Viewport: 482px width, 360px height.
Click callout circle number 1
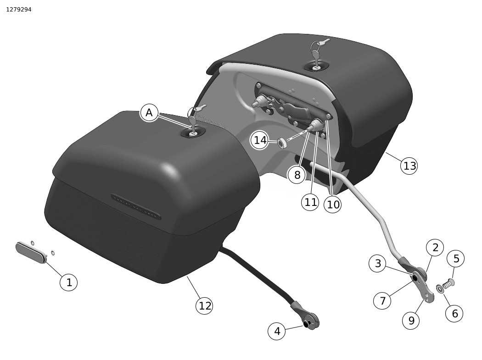pos(69,282)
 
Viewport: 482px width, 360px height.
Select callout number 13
pos(409,166)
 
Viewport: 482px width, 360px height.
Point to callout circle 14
pos(260,140)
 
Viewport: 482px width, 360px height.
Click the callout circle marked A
pos(149,113)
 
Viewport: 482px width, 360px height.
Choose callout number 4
pos(277,331)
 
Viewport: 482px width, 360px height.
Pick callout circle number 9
pos(411,321)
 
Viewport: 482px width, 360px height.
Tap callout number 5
pos(456,259)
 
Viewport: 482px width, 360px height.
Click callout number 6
pos(454,313)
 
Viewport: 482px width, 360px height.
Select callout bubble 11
pos(310,202)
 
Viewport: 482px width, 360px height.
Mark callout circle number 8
pos(297,175)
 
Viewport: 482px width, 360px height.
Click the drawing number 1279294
pos(19,10)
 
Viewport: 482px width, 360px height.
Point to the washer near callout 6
pos(440,288)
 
